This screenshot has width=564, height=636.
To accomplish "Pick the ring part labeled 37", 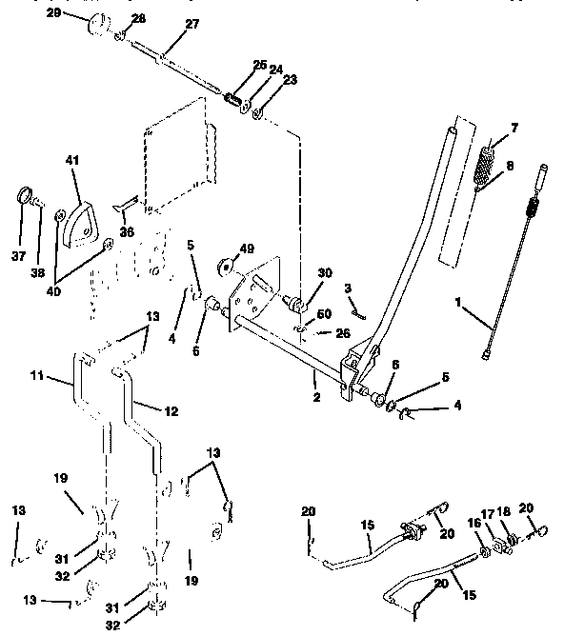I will (23, 198).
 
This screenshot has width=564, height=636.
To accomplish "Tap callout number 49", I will (248, 248).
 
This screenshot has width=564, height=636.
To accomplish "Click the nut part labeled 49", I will (227, 263).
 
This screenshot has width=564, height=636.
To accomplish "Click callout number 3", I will (349, 287).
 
